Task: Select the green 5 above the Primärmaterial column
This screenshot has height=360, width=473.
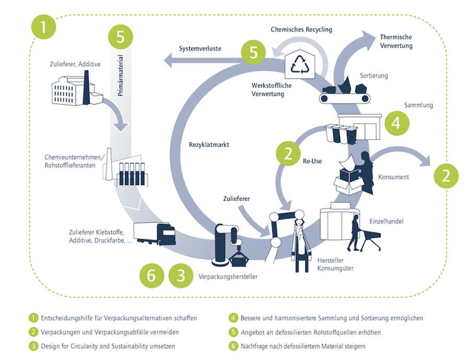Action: [120, 38]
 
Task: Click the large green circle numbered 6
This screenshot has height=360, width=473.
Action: [152, 275]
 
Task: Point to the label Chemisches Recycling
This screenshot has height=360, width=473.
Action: [301, 30]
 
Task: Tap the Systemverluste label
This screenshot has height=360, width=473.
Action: [200, 49]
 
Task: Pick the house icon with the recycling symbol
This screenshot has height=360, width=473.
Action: [300, 65]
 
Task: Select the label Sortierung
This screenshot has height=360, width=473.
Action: [373, 76]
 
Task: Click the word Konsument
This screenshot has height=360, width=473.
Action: [394, 177]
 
